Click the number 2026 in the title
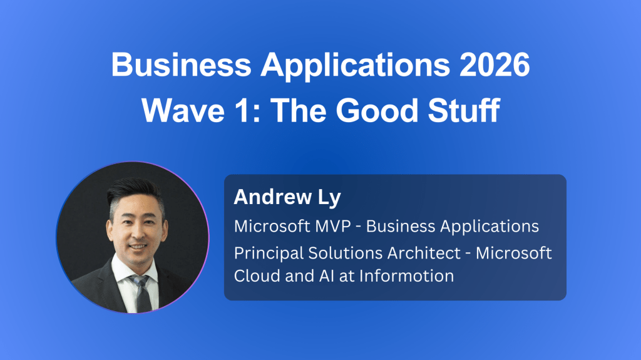[495, 64]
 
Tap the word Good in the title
[377, 110]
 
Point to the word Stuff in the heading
[464, 110]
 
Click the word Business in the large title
[181, 64]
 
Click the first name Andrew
[273, 197]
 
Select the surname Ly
[329, 198]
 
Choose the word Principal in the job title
[268, 254]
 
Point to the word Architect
[424, 253]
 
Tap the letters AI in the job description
[327, 276]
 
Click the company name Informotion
[407, 275]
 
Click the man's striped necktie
[142, 294]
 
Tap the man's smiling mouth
[138, 247]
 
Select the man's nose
[137, 233]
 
